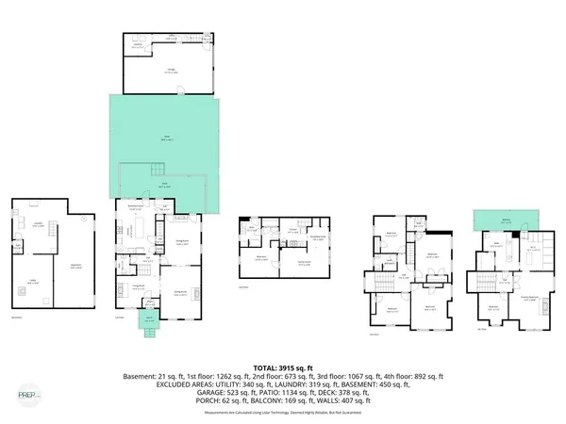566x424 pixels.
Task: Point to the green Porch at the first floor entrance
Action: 149,318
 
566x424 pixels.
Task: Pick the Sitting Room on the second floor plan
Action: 306,266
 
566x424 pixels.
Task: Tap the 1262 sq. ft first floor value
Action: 243,376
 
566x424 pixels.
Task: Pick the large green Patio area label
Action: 166,139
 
